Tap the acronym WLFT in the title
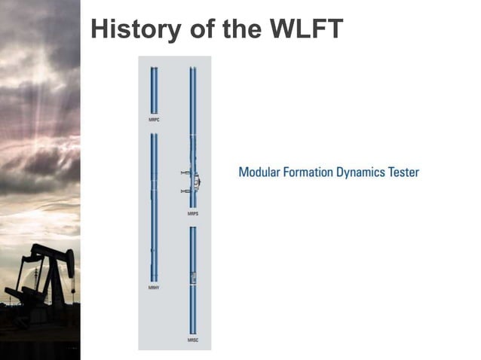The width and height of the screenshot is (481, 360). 305,29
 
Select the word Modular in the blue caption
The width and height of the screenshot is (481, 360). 261,172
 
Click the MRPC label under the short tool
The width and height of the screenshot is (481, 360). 154,120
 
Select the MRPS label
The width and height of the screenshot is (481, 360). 193,215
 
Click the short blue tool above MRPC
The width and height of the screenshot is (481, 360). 154,90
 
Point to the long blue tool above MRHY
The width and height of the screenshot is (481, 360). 154,207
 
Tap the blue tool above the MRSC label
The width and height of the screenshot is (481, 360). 193,279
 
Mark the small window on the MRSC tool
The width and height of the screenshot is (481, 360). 193,277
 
